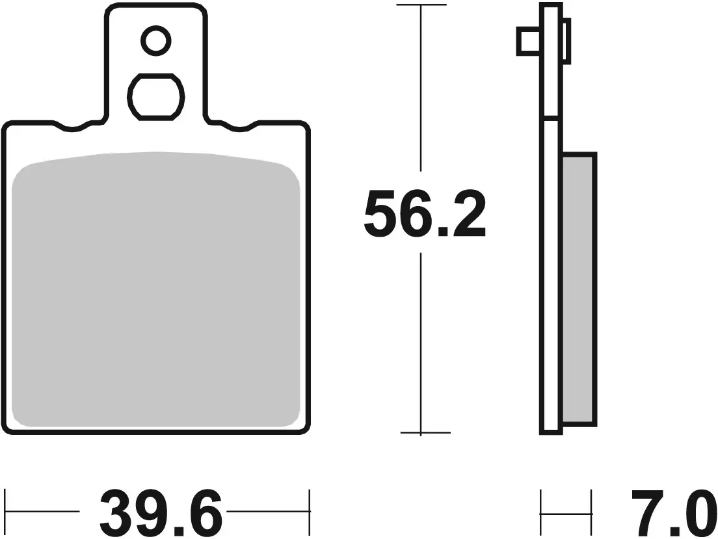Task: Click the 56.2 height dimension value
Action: (x=424, y=213)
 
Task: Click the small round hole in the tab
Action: (x=155, y=42)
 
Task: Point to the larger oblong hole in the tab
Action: (x=155, y=97)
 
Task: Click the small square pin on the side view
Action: (x=528, y=41)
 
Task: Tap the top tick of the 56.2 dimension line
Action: (x=421, y=6)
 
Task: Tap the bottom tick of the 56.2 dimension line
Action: (x=421, y=432)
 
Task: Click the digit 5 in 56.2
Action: (x=380, y=213)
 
